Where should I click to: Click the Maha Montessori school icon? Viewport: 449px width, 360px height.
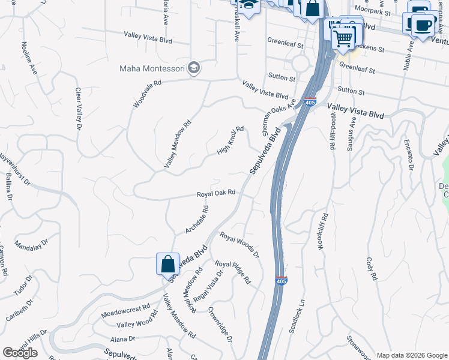(x=193, y=67)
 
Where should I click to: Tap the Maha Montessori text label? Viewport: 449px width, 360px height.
(x=152, y=68)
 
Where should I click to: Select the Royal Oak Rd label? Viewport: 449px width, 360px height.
(x=215, y=194)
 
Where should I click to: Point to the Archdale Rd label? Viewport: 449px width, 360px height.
(x=196, y=220)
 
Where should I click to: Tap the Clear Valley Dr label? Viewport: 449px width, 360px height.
(x=78, y=109)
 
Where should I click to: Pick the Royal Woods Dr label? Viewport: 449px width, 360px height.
(x=239, y=245)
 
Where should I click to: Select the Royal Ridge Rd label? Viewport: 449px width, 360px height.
(x=233, y=272)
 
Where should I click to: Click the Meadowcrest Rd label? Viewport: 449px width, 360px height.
(x=125, y=310)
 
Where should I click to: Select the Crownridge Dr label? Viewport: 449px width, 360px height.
(x=220, y=325)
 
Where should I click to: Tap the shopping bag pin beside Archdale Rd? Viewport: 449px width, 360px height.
(x=167, y=264)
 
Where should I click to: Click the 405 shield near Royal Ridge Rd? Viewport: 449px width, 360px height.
(x=281, y=281)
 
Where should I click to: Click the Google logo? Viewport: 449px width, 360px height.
(x=20, y=352)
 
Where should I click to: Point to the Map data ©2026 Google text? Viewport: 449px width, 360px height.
(x=412, y=355)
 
